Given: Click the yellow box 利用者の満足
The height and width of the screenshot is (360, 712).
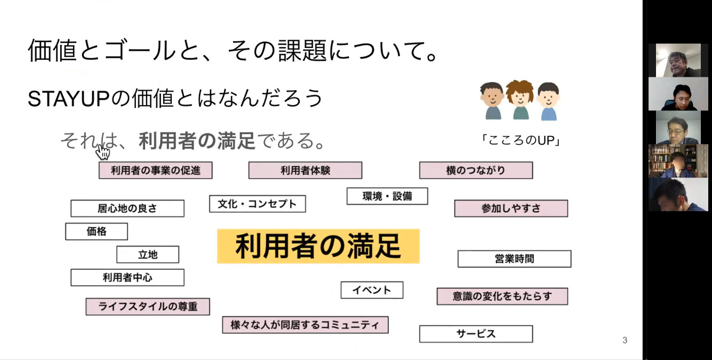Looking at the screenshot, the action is coord(318,246).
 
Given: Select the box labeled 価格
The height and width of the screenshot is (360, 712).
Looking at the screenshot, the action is coord(97,231).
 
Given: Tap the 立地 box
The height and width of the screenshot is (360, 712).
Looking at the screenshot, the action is coord(148,254).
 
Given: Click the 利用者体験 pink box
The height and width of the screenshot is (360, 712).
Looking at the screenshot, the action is coord(305,170).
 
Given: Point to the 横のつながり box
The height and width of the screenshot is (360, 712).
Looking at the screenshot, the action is coord(476,170).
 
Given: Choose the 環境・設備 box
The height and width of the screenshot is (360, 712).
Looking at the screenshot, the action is coord(387,196).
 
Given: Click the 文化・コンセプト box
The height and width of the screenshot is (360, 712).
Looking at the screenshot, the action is coord(258,204).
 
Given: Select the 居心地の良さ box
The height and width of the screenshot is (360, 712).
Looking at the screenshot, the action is coord(127,209).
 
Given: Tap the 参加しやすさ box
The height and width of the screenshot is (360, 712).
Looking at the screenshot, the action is coord(511,209).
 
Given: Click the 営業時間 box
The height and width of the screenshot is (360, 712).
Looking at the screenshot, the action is coord(514,259).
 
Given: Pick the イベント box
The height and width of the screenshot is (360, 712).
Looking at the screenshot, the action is coord(372,290).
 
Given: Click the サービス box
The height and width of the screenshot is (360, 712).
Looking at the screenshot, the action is coord(476,334).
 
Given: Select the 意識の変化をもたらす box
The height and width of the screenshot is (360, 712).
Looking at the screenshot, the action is coord(502,297).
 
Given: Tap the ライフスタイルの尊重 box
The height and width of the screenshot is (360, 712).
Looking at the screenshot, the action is coord(148,307).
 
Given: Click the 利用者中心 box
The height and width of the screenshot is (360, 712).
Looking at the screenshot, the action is coord(127,278).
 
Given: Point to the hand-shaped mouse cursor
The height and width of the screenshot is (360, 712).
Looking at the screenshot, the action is coord(102,151).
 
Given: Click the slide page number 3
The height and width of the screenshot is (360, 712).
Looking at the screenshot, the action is coord(625,340).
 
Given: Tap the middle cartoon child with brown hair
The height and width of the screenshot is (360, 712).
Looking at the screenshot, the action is coord(519,100).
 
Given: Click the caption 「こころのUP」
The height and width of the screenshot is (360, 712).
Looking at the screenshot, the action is coord(521,140).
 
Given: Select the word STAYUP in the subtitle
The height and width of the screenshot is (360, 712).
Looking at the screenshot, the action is coord(69,99).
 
